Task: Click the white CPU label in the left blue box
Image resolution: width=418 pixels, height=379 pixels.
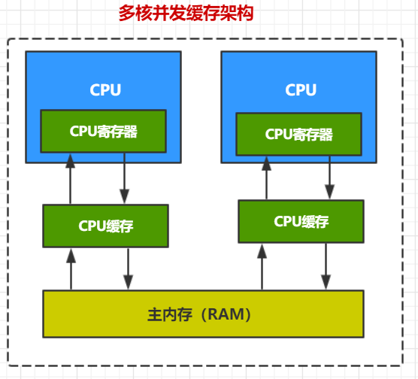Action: (104, 90)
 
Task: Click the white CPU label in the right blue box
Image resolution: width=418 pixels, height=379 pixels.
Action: (301, 90)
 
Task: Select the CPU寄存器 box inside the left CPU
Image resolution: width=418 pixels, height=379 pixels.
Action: (103, 131)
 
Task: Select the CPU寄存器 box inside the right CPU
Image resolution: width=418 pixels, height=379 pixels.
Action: (298, 135)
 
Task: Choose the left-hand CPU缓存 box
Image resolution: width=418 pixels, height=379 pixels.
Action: (105, 226)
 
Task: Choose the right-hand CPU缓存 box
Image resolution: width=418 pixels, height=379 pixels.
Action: (301, 222)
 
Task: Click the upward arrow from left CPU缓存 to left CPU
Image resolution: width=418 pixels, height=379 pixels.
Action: (71, 179)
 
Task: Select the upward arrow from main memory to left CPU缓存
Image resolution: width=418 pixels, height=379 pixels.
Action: (71, 268)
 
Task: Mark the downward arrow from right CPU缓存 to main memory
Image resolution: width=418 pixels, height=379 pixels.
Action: (326, 266)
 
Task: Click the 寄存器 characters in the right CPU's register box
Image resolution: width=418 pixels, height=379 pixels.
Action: (310, 135)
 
